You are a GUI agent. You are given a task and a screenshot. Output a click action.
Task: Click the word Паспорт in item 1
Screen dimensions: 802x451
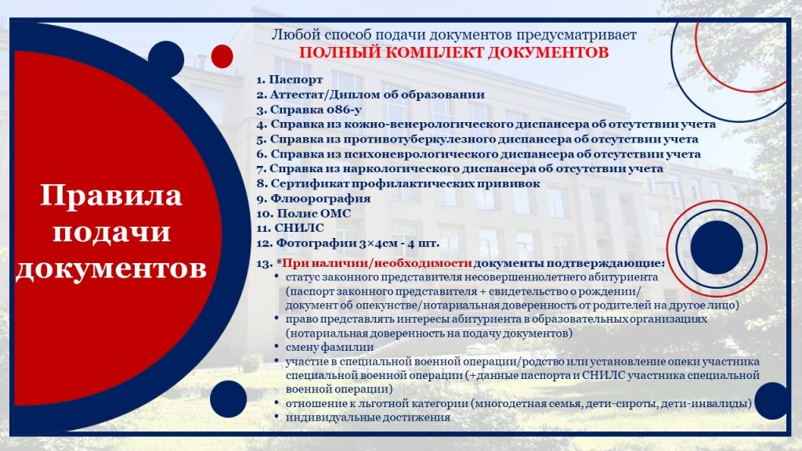click(x=295, y=80)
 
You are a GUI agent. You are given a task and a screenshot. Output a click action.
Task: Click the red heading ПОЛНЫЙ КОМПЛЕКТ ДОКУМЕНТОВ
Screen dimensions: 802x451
click(x=453, y=52)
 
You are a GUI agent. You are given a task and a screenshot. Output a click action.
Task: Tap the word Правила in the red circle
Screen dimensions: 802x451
click(x=111, y=195)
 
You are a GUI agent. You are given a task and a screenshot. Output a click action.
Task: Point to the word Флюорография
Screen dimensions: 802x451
click(x=320, y=198)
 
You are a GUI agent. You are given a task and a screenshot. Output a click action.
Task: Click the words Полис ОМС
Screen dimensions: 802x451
click(x=314, y=213)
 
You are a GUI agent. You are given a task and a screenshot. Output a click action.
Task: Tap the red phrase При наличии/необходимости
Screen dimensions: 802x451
click(x=377, y=264)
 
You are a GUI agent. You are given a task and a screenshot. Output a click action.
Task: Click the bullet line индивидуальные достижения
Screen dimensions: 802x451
click(x=368, y=417)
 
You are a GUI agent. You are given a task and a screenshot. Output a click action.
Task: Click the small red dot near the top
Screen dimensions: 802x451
click(x=222, y=56)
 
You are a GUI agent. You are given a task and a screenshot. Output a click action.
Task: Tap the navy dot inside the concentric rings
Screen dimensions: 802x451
click(x=717, y=247)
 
